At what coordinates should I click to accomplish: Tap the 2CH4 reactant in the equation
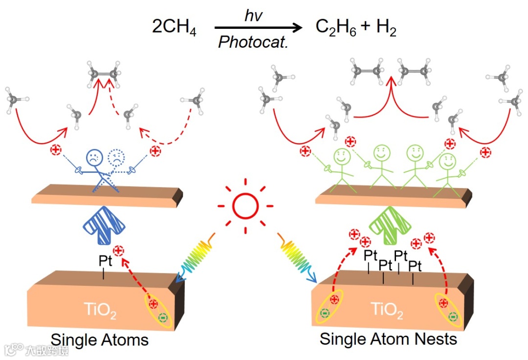tap(174, 28)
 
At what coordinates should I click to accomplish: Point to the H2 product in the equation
tap(386, 28)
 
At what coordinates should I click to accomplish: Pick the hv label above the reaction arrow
tap(254, 16)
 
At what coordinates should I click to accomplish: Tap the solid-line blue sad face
tap(94, 157)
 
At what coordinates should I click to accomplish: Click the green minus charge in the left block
tap(163, 318)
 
